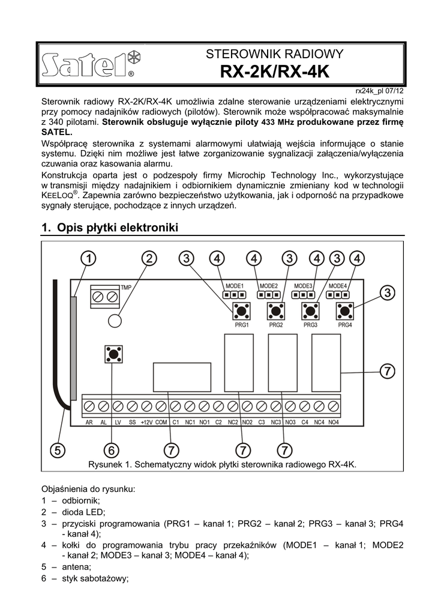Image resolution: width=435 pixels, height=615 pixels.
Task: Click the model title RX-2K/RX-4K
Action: tap(275, 73)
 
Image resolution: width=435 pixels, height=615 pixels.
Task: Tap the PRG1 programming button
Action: tap(242, 311)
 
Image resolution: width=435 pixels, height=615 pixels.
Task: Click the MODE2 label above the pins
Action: tap(268, 286)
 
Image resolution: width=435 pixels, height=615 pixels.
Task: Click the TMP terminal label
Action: tap(126, 288)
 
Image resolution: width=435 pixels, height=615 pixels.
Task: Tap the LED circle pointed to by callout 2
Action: tap(115, 320)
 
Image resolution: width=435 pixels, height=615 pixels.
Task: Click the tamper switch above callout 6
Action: tap(113, 353)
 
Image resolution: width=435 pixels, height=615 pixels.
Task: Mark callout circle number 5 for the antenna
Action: tap(58, 450)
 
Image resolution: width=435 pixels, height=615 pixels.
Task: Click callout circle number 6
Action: tap(112, 450)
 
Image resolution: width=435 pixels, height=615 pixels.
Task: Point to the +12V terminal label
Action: tap(146, 422)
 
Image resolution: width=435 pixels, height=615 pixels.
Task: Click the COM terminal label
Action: tap(161, 422)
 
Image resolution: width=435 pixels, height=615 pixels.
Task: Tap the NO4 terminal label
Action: tap(334, 422)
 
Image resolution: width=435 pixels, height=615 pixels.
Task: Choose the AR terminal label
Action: tap(89, 422)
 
